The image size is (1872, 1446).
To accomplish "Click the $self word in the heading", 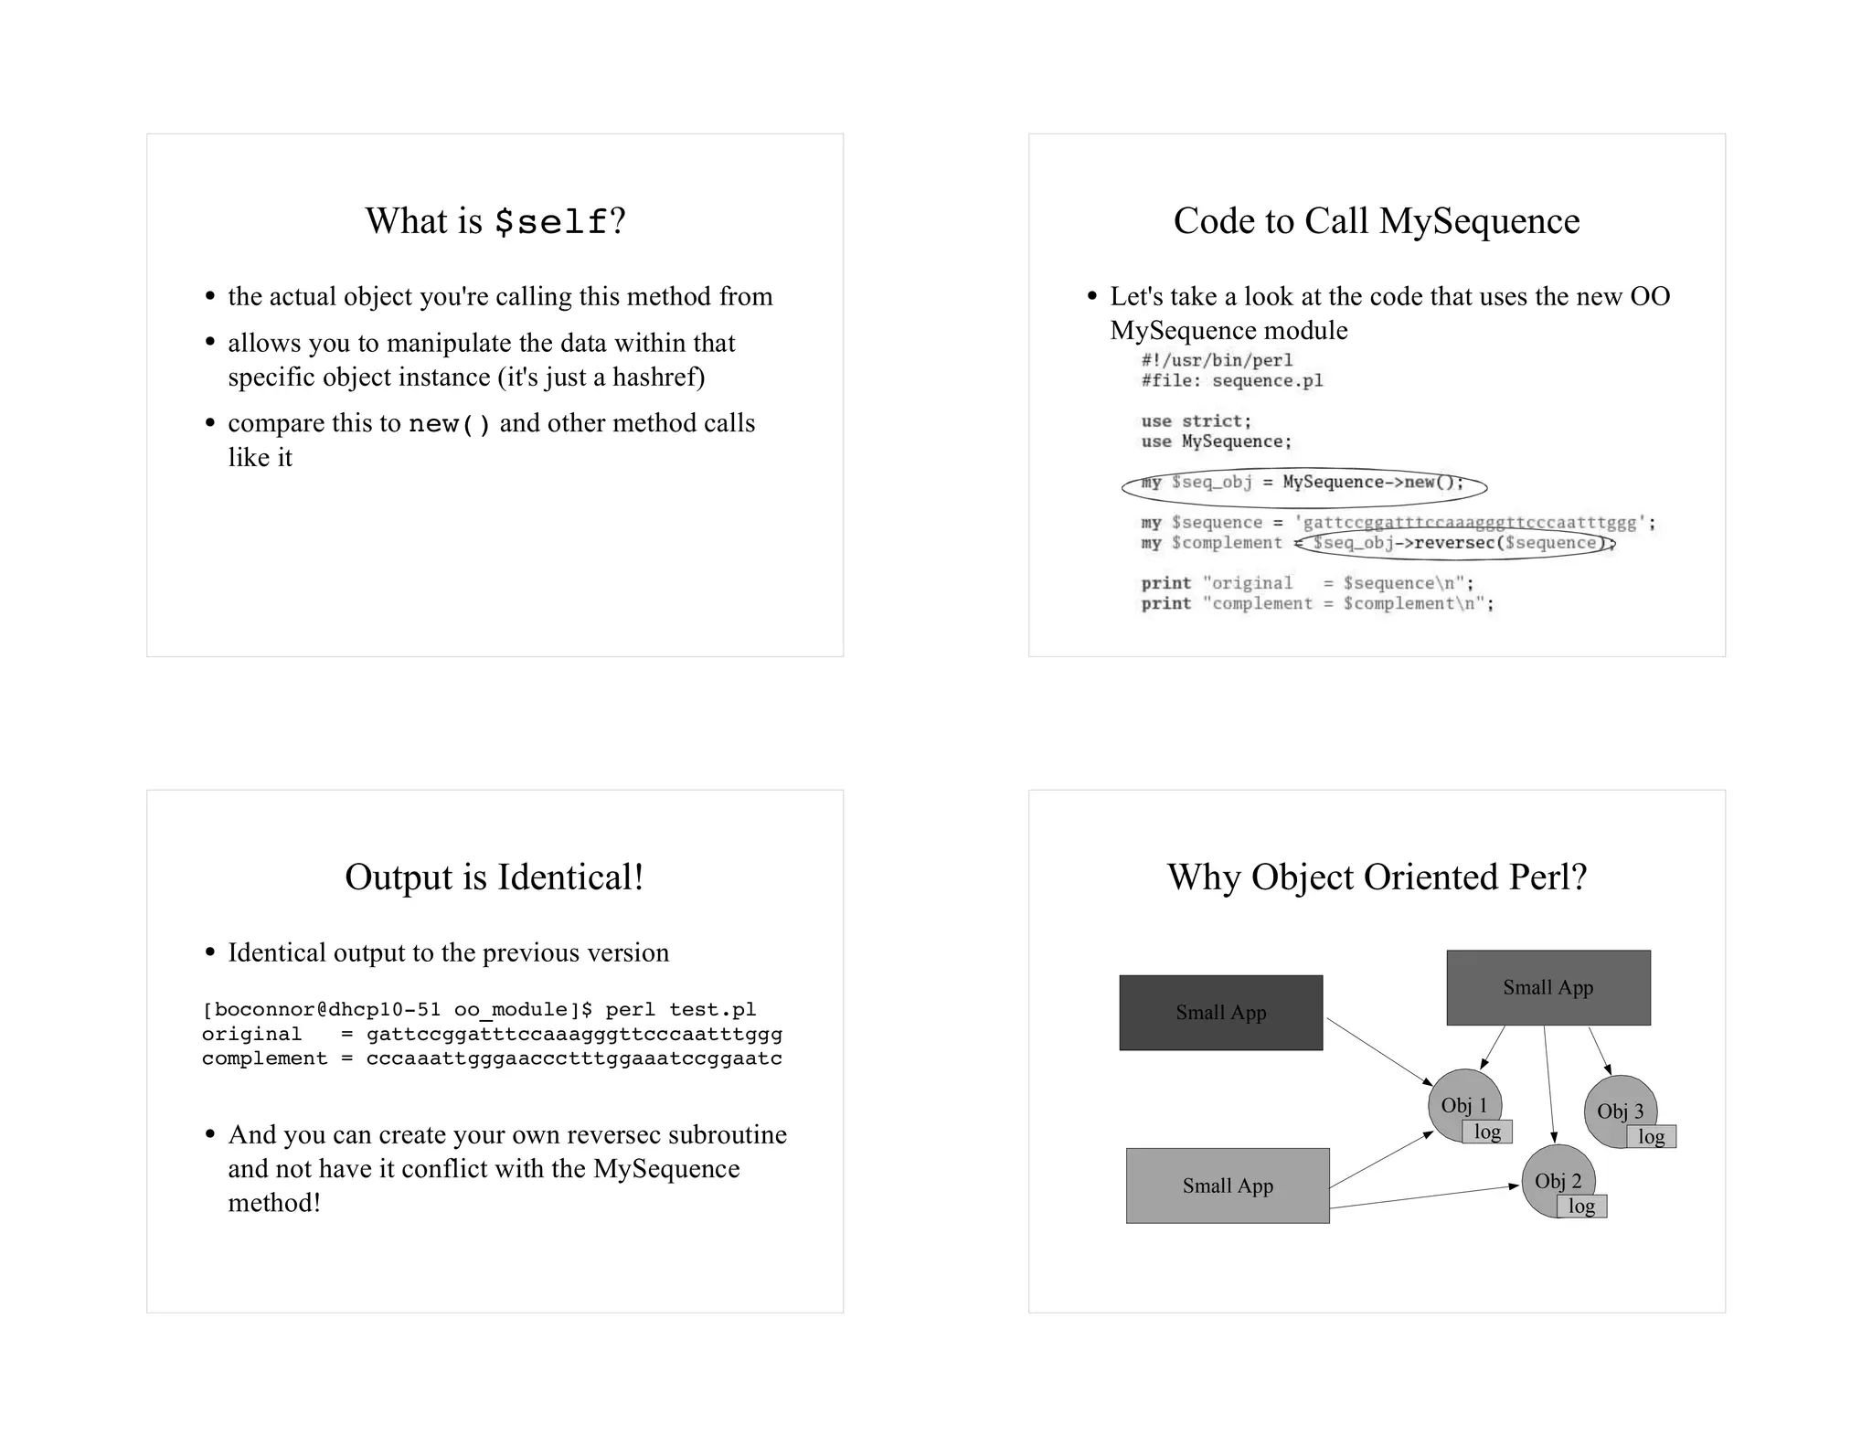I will tap(551, 222).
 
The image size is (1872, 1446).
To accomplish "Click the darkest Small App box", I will tap(1220, 1013).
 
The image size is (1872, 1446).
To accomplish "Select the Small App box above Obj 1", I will tap(1548, 987).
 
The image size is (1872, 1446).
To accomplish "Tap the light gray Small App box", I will tap(1227, 1186).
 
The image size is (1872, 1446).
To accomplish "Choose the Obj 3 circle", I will tap(1614, 1107).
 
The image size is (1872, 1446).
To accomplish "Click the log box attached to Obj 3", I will tap(1651, 1137).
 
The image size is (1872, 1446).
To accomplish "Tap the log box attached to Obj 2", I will tap(1581, 1207).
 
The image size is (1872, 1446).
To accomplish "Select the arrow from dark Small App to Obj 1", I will tap(1378, 1051).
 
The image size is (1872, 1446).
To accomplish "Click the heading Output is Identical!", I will tap(495, 877).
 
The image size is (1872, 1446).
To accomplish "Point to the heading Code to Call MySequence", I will tap(1376, 221).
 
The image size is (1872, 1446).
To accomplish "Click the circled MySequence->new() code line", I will tap(1303, 484).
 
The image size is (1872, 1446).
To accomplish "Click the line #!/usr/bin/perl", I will tap(1217, 360).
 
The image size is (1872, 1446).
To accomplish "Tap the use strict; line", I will tap(1196, 421).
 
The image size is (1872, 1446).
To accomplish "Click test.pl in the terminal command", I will tap(712, 1010).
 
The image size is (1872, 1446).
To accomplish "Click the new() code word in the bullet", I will tap(450, 424).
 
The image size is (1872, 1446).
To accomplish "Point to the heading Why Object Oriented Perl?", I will tap(1376, 877).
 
